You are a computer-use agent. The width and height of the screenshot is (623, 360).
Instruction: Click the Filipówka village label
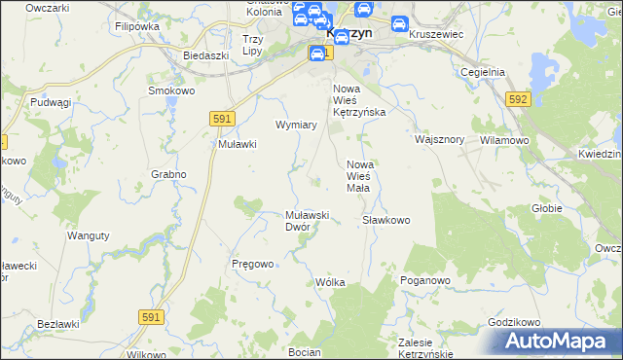pos(136,27)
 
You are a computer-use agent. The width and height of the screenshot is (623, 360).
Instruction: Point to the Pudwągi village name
pos(52,102)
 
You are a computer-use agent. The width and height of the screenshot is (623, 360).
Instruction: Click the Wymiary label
pos(297,126)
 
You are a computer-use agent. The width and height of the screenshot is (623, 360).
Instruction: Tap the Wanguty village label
pos(86,235)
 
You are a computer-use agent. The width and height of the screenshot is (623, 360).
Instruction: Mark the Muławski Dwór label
pos(310,221)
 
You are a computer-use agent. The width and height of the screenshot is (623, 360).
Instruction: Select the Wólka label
pos(331,282)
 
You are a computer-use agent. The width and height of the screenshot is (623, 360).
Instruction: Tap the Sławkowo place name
pos(386,220)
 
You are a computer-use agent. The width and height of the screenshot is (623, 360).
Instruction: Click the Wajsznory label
pos(439,139)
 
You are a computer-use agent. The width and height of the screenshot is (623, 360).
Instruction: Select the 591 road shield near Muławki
pos(222,118)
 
